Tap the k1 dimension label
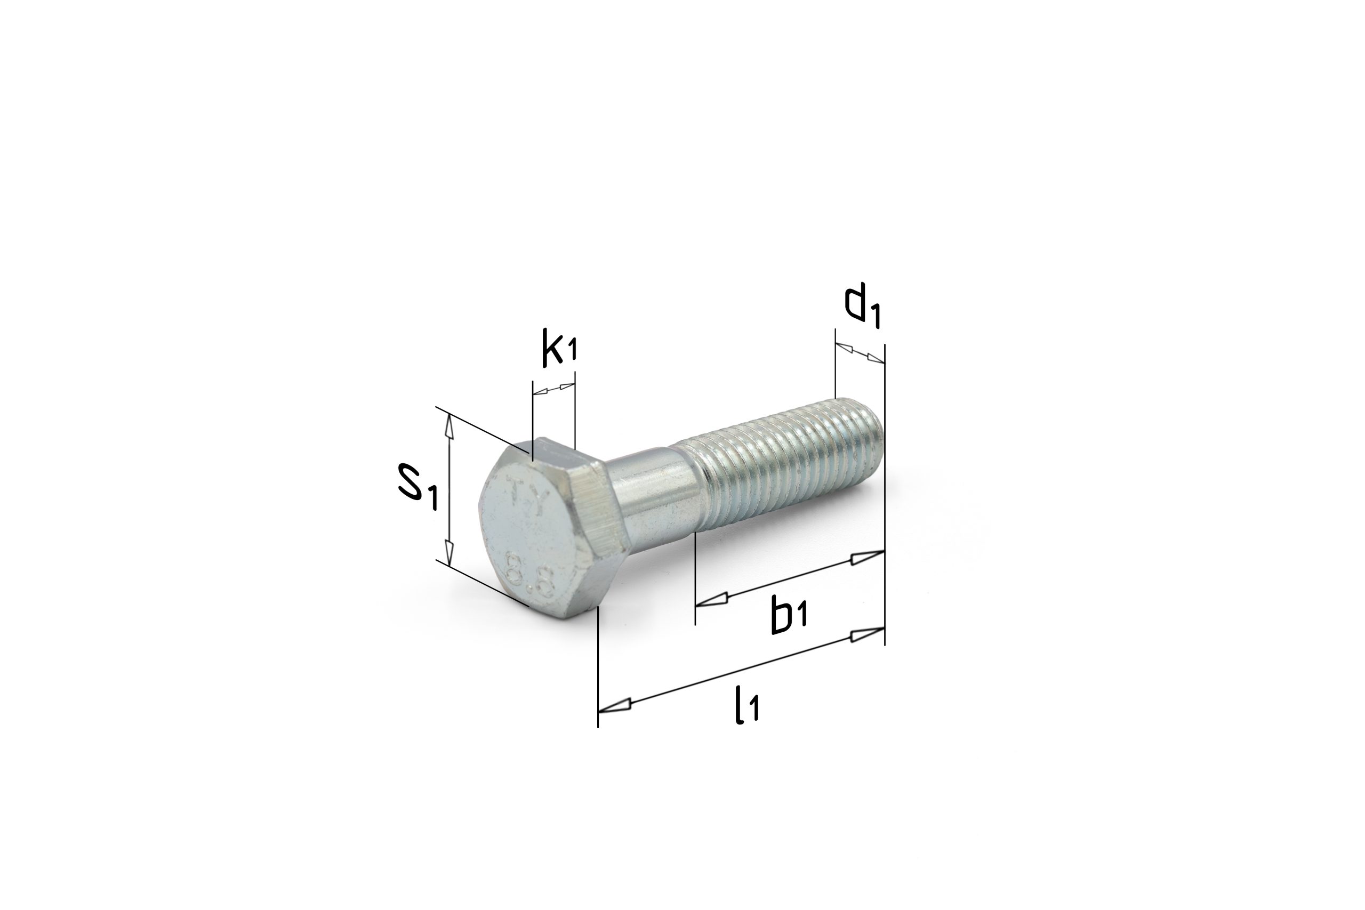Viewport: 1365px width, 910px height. click(x=560, y=348)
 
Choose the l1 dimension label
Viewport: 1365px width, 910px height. click(x=747, y=705)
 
